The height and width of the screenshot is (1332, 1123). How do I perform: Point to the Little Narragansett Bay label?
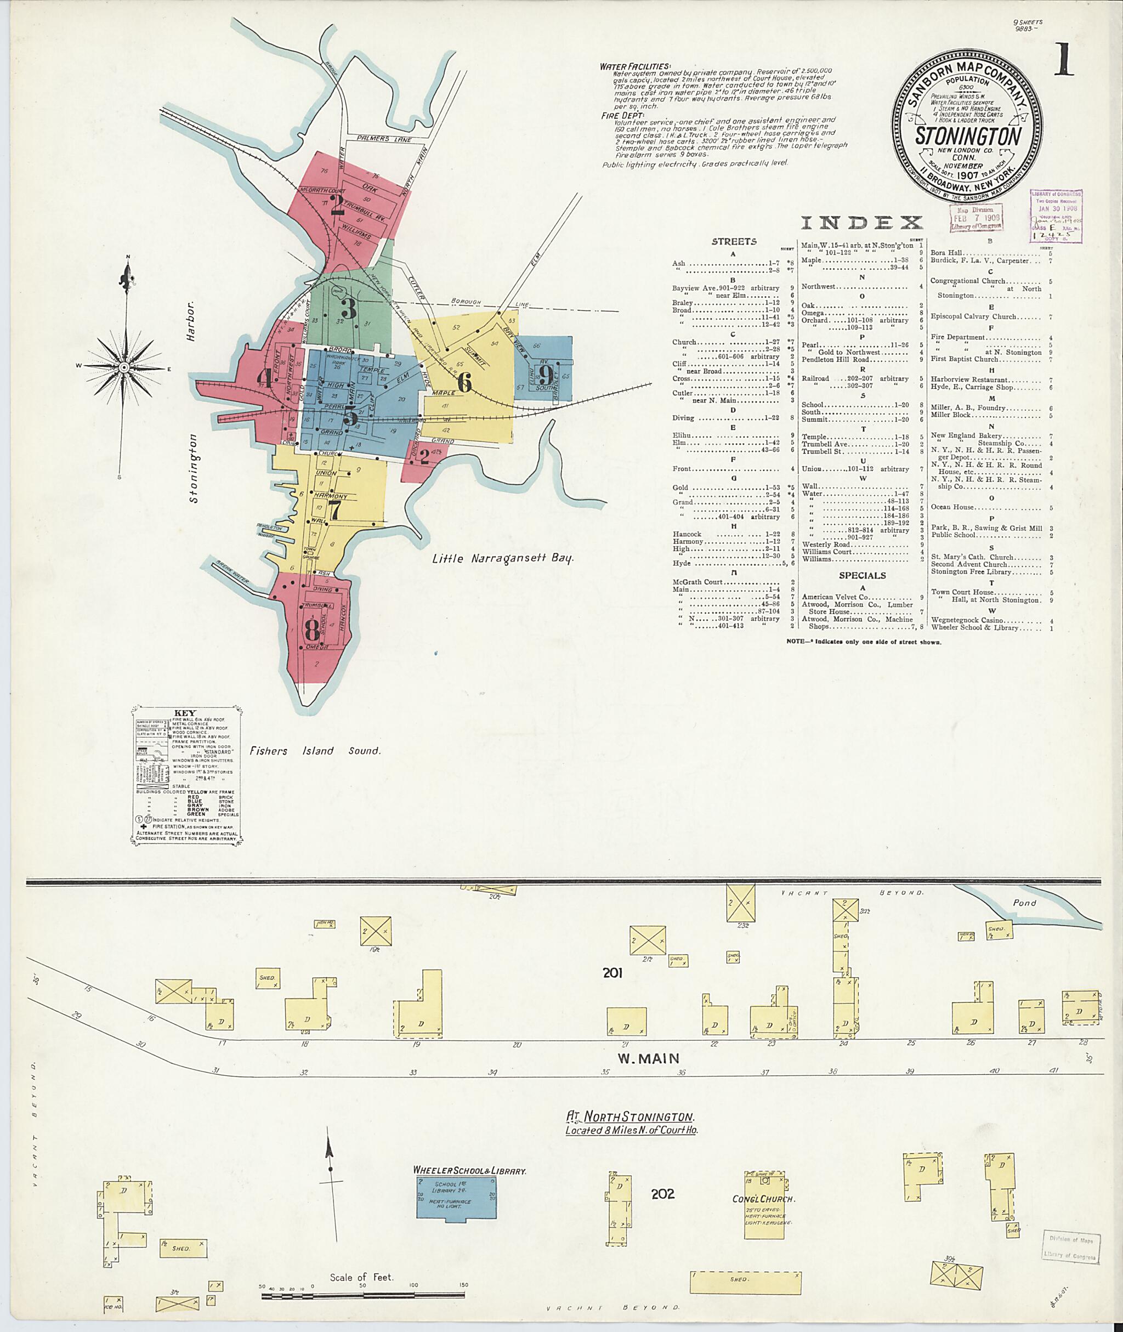pos(503,558)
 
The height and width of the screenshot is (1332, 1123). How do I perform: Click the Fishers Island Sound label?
pos(315,751)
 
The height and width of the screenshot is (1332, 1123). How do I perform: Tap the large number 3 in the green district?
pos(348,309)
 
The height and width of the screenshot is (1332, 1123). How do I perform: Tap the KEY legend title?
pos(185,713)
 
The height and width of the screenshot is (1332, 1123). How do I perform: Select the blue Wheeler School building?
pos(456,1198)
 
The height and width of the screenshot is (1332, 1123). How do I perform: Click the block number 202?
pos(663,1193)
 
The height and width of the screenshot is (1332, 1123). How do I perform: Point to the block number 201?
pos(612,972)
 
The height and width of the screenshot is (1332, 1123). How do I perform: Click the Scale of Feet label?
pos(361,1277)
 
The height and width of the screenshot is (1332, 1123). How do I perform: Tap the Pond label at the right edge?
pos(1024,903)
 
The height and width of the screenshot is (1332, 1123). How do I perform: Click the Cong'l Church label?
pos(763,1199)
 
